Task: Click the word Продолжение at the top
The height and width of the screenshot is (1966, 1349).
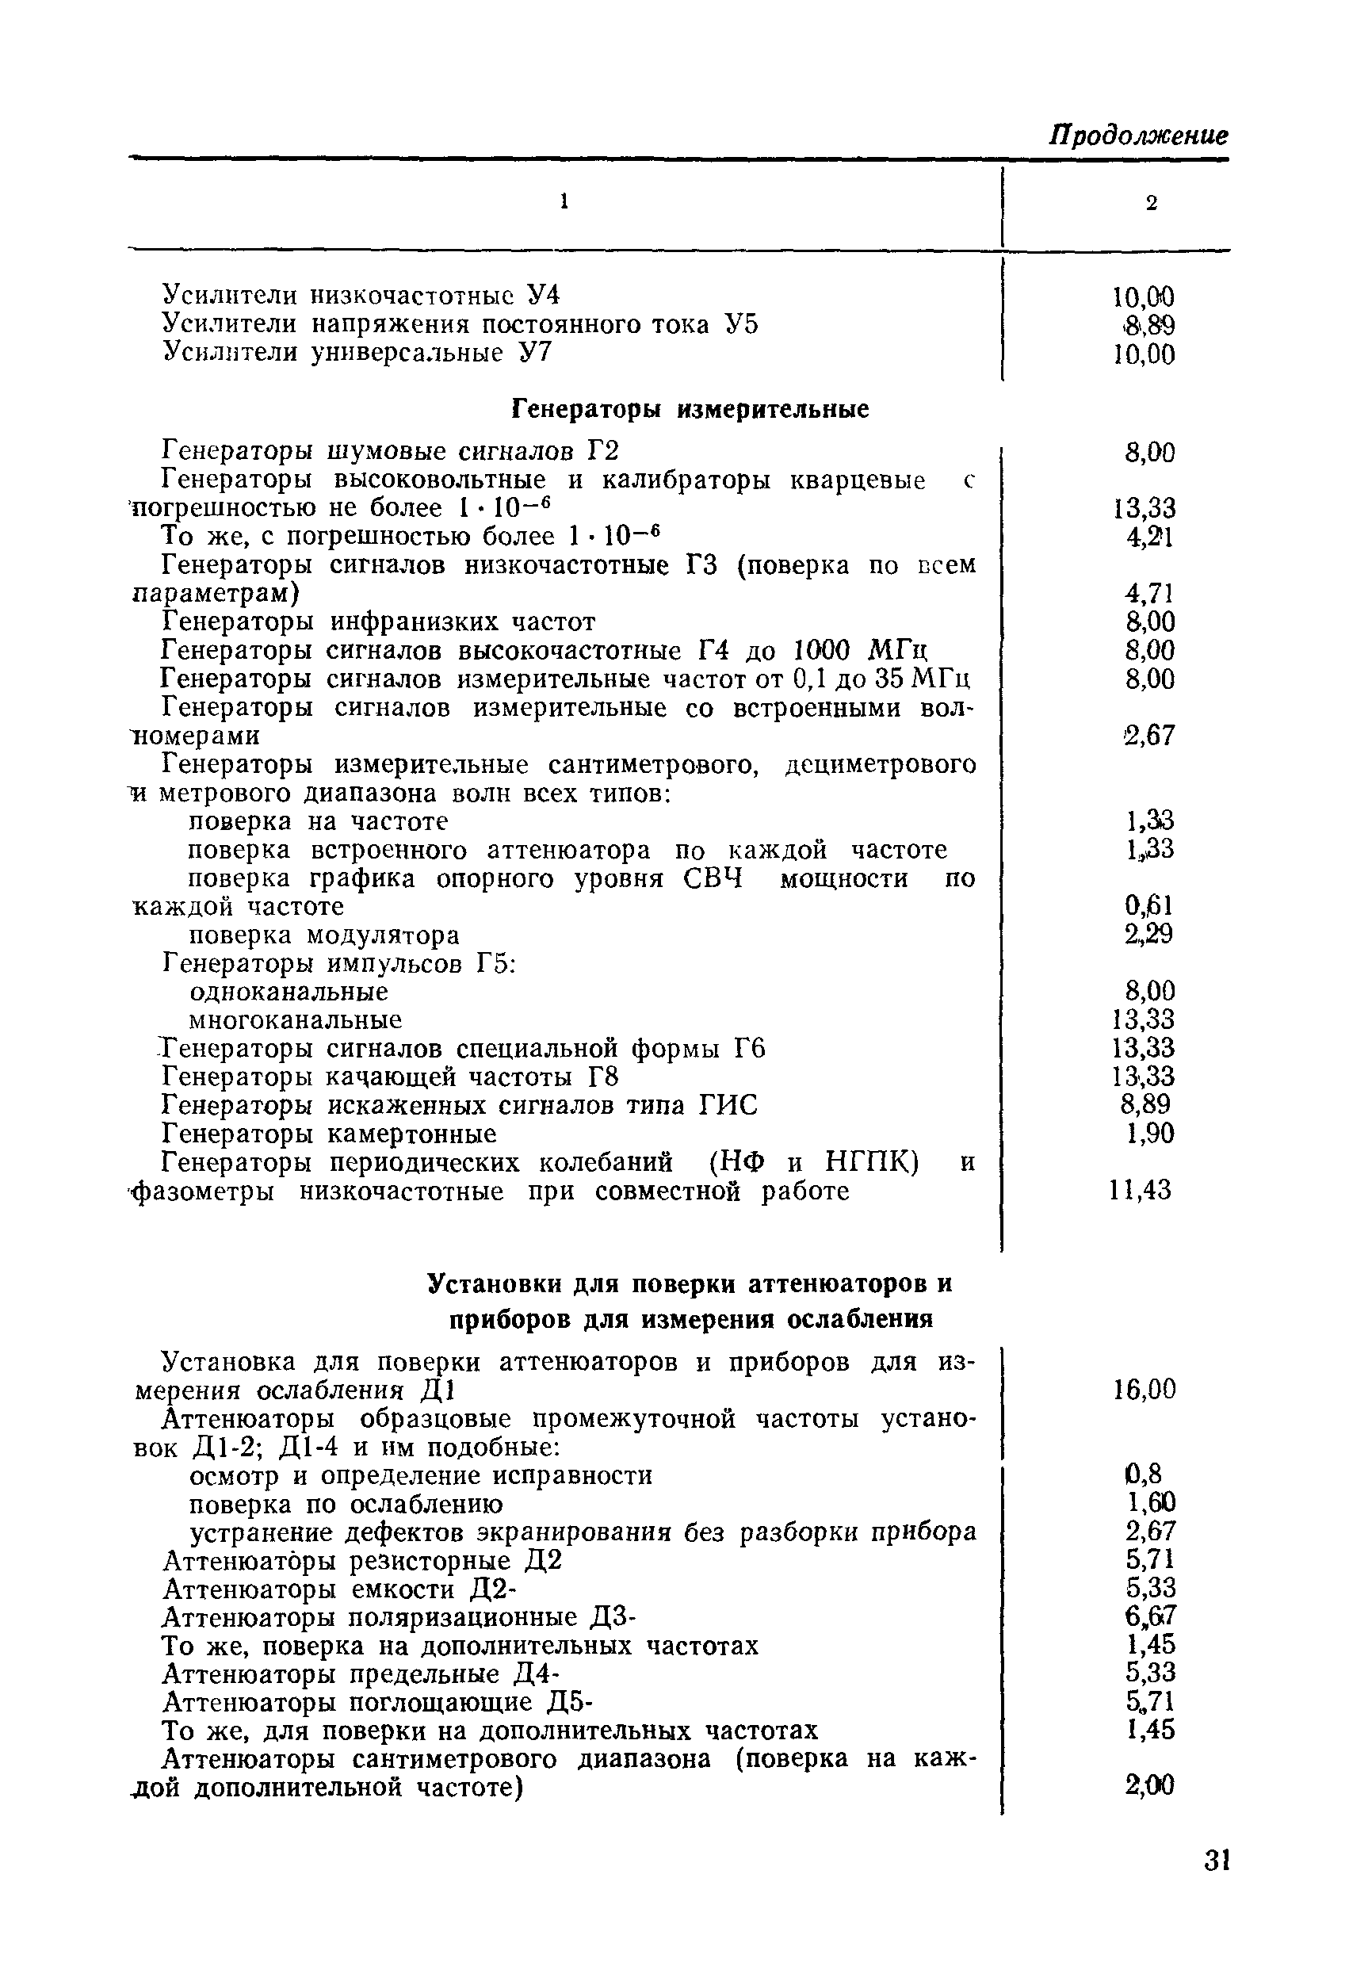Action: pos(1138,136)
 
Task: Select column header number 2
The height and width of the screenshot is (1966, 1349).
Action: pos(1150,203)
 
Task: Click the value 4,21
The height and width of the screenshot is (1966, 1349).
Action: pos(1149,537)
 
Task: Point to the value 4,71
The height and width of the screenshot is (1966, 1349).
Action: pos(1149,594)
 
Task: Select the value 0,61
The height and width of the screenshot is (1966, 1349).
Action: pos(1148,907)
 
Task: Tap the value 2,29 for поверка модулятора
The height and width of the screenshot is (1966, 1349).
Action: pos(1148,935)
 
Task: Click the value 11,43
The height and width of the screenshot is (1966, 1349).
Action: pos(1141,1191)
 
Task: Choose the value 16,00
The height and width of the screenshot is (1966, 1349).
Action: pos(1145,1390)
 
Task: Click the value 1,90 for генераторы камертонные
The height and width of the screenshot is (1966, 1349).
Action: pos(1150,1134)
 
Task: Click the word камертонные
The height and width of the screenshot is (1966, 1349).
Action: pos(412,1134)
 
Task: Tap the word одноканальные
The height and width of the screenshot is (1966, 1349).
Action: pos(289,992)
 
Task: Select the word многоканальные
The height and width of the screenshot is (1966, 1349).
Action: pos(294,1020)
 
